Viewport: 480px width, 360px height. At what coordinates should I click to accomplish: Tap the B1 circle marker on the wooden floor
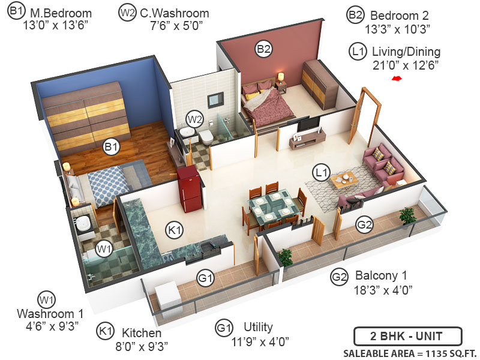pyautogui.click(x=112, y=146)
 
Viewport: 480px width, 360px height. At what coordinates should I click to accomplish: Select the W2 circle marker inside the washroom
pyautogui.click(x=193, y=118)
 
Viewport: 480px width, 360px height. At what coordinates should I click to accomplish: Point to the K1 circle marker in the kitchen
pyautogui.click(x=174, y=230)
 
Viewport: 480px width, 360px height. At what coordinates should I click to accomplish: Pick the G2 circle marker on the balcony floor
pyautogui.click(x=364, y=225)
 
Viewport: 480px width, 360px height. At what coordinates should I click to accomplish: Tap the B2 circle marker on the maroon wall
pyautogui.click(x=264, y=49)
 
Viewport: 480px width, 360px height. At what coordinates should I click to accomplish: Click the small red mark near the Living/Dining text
pyautogui.click(x=396, y=78)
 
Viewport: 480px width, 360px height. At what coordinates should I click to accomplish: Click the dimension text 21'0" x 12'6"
pyautogui.click(x=405, y=65)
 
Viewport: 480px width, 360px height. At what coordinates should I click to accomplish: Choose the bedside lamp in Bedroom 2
pyautogui.click(x=280, y=77)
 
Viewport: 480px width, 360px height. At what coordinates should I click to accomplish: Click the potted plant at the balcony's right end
pyautogui.click(x=408, y=214)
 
